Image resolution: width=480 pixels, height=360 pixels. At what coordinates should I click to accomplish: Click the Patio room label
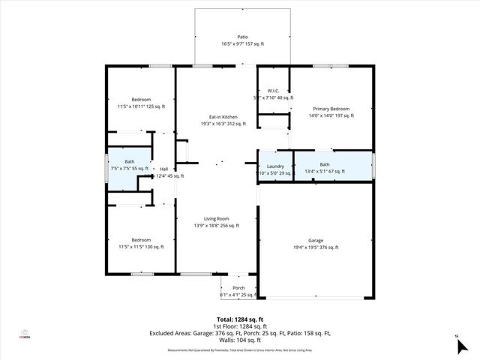coord(242,37)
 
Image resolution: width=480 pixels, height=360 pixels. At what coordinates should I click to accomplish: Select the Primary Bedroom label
coord(329,109)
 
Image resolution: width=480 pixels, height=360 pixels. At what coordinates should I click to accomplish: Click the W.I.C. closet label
coord(273,90)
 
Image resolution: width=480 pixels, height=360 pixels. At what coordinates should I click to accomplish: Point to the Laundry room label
coord(274,165)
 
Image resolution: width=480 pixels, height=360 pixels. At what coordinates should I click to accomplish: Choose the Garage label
coord(315,240)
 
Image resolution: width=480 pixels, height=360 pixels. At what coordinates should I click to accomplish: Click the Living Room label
coord(216,218)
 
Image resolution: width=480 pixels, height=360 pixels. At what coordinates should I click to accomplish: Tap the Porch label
coord(238,288)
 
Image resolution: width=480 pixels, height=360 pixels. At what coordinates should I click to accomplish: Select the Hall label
coord(163,169)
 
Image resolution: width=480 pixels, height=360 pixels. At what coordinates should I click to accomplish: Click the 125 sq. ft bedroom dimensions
coord(141,107)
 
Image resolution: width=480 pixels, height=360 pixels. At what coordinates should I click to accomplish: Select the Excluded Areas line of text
coord(240,333)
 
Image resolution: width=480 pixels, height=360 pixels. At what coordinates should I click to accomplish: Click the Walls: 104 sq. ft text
coord(240,340)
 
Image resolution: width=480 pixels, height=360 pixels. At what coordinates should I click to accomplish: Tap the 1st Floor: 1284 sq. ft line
coord(240,327)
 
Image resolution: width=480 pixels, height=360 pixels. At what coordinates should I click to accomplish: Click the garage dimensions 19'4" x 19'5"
coord(315,247)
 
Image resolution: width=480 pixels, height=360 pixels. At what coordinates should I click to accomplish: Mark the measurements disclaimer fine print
coord(240,349)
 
